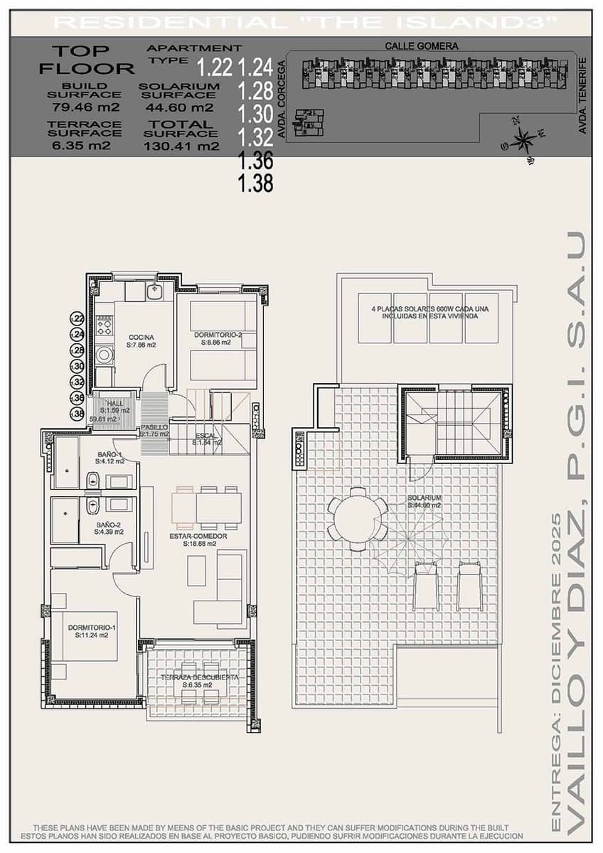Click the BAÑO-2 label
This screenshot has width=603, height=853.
pyautogui.click(x=110, y=527)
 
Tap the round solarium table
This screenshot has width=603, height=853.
pyautogui.click(x=357, y=519)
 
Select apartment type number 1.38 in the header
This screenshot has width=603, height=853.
pyautogui.click(x=255, y=184)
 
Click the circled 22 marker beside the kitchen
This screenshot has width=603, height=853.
pyautogui.click(x=78, y=319)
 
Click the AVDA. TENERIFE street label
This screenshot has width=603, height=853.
pyautogui.click(x=582, y=96)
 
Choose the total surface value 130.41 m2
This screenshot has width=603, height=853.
pyautogui.click(x=181, y=147)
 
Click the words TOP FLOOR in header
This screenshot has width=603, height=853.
pyautogui.click(x=86, y=60)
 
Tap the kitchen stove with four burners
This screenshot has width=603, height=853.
pyautogui.click(x=104, y=325)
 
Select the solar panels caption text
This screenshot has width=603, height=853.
pyautogui.click(x=425, y=313)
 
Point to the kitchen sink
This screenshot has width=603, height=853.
pyautogui.click(x=154, y=291)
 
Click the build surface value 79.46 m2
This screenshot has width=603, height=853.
pyautogui.click(x=85, y=108)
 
